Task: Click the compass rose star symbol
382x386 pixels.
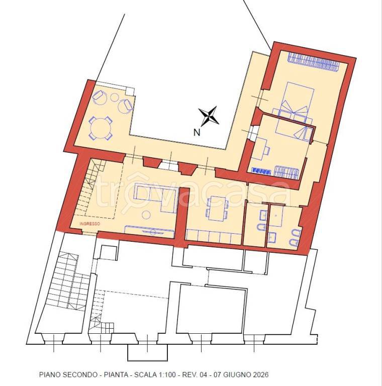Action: pyautogui.click(x=209, y=116)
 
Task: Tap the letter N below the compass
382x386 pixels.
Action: pyautogui.click(x=197, y=133)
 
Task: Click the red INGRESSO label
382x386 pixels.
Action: pyautogui.click(x=90, y=224)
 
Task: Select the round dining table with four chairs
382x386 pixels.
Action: pyautogui.click(x=101, y=128)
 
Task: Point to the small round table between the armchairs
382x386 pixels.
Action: pyautogui.click(x=115, y=98)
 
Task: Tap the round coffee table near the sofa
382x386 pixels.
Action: pyautogui.click(x=146, y=215)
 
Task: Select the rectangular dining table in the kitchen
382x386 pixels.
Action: pyautogui.click(x=217, y=209)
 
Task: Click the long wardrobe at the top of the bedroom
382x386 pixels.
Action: pyautogui.click(x=314, y=62)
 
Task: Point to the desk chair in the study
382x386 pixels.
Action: pyautogui.click(x=266, y=151)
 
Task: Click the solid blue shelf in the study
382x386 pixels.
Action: pyautogui.click(x=261, y=170)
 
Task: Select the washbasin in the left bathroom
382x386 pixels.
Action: pyautogui.click(x=263, y=216)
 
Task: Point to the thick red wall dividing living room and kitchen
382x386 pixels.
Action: pyautogui.click(x=181, y=217)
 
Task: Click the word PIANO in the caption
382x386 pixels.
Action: pyautogui.click(x=50, y=374)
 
